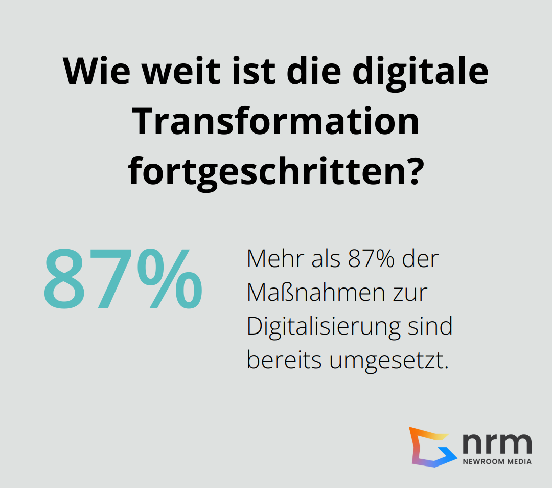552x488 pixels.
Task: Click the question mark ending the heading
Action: coord(410,172)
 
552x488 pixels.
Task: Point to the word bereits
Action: coord(284,361)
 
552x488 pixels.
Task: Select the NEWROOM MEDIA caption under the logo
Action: coord(497,461)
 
